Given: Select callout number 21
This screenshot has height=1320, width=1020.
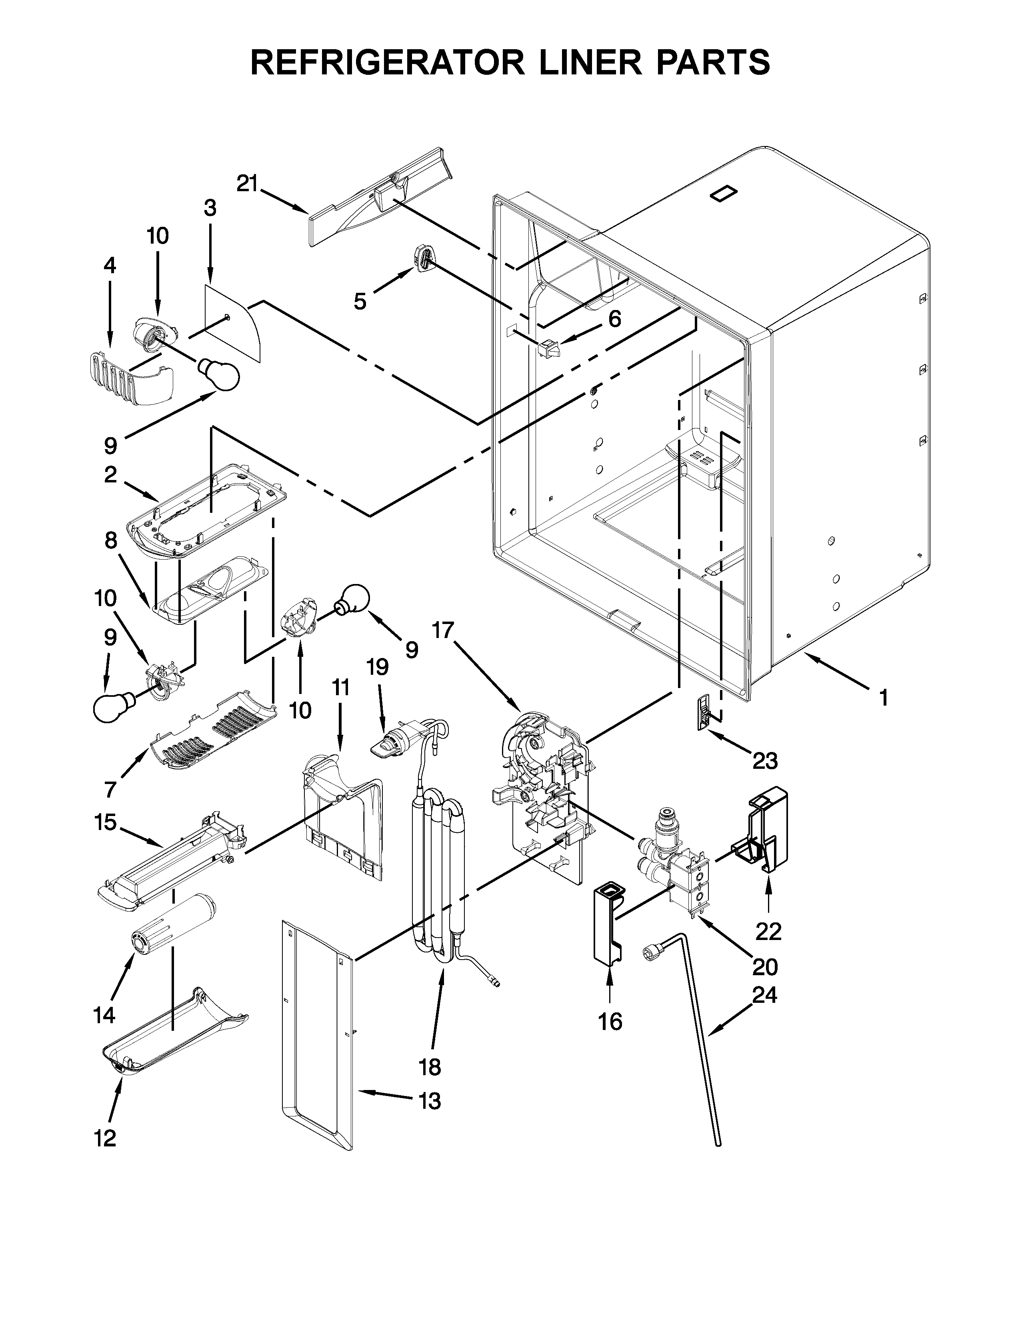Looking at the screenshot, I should (246, 183).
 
